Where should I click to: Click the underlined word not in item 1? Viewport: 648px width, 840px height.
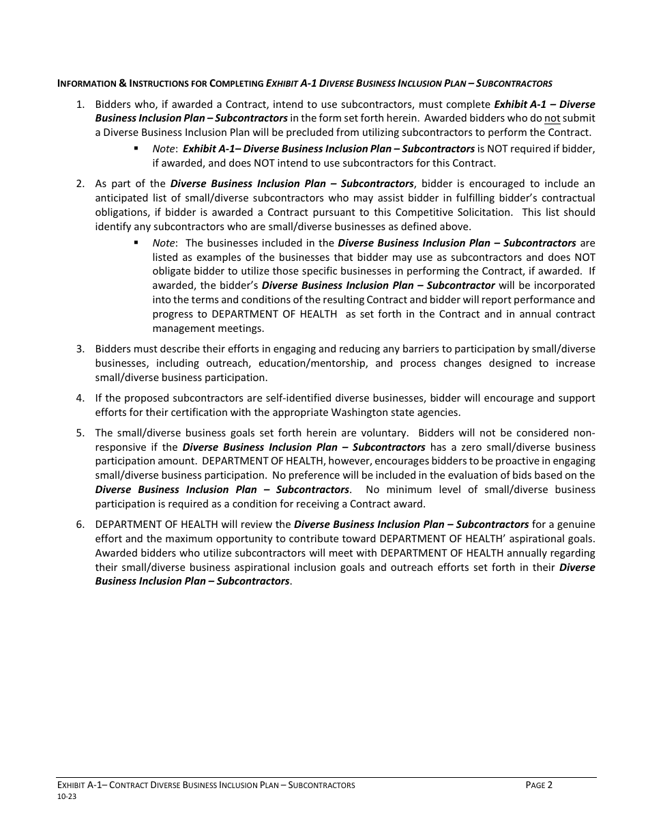coord(552,119)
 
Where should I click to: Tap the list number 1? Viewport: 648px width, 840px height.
coord(80,104)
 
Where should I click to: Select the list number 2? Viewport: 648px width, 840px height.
coord(80,184)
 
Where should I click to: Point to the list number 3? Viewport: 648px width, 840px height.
coord(80,349)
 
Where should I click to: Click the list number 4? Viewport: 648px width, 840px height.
coord(80,398)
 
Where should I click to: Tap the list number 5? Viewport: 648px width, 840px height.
coord(80,433)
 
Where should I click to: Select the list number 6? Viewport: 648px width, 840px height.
coord(80,524)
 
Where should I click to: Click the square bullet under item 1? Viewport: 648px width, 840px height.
coord(136,148)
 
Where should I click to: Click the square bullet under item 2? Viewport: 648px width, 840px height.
coord(136,242)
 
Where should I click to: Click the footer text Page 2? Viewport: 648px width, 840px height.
coord(539,785)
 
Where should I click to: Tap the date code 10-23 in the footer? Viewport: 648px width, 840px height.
coord(67,796)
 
